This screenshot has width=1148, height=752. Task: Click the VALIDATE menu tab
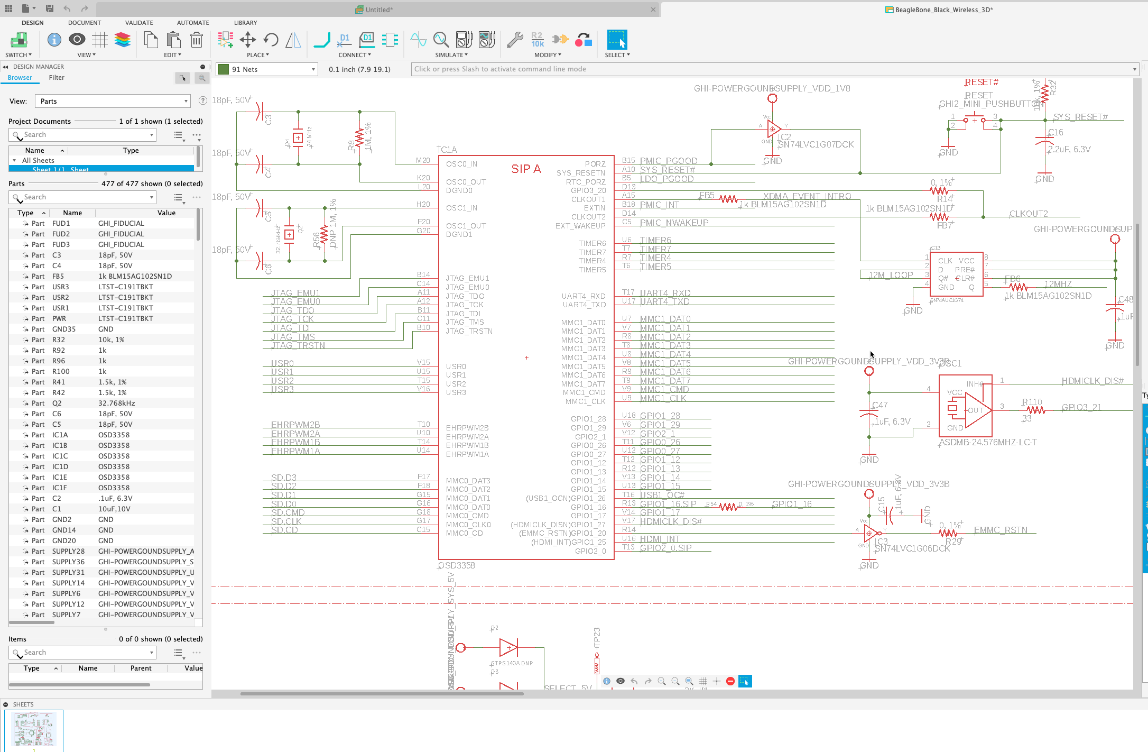pos(139,23)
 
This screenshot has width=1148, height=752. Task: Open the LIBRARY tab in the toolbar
pos(245,23)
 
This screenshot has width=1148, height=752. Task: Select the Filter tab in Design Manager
pos(57,78)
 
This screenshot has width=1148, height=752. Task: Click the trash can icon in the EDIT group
pos(197,40)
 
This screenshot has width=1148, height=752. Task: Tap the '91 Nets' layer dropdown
pos(267,69)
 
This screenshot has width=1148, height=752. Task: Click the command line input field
pos(772,69)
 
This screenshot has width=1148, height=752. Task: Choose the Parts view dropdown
pos(112,101)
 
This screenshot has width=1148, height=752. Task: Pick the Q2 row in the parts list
pos(57,403)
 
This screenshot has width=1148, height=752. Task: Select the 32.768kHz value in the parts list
pos(116,403)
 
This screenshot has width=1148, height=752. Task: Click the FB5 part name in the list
pos(58,276)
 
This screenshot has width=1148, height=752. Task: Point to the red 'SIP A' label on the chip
pos(526,169)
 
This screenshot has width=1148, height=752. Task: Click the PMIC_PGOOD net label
pos(669,161)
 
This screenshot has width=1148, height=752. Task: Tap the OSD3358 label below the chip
pos(457,566)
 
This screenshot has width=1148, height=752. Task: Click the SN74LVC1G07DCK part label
pos(816,144)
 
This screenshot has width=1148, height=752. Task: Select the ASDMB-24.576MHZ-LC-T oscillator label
pos(987,442)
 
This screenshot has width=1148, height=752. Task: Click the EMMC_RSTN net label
pos(1001,530)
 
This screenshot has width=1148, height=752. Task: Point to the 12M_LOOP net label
pos(891,275)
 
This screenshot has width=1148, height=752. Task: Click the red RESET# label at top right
pos(982,82)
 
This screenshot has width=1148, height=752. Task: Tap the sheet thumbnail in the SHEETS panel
pos(34,729)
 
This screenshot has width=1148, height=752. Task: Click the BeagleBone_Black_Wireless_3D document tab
pos(943,10)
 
